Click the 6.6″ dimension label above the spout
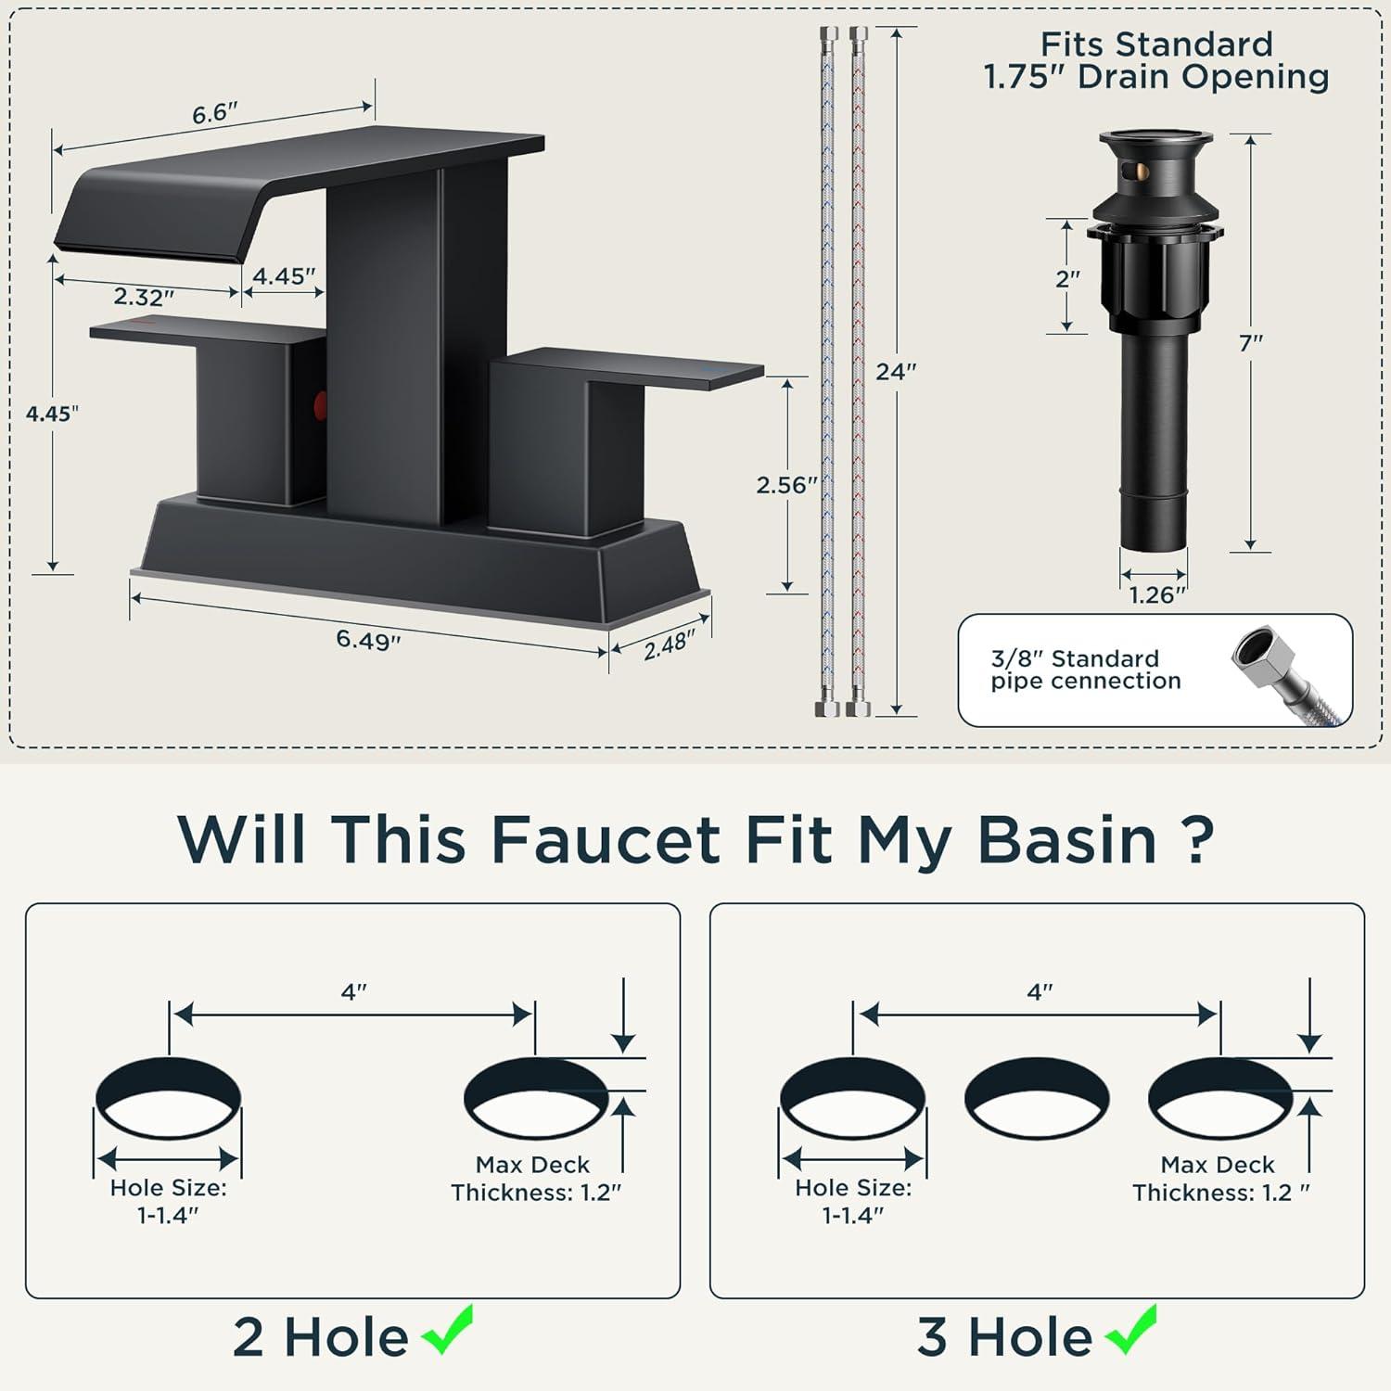pyautogui.click(x=215, y=113)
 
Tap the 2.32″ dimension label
pyautogui.click(x=145, y=297)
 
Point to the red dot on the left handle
pyautogui.click(x=321, y=404)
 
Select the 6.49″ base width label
pyautogui.click(x=368, y=640)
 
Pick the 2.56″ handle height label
pyautogui.click(x=787, y=485)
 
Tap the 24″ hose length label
pyautogui.click(x=896, y=372)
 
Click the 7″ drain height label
pyautogui.click(x=1251, y=343)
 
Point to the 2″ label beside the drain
pyautogui.click(x=1068, y=278)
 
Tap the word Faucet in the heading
pyautogui.click(x=606, y=838)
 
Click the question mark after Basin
pyautogui.click(x=1199, y=838)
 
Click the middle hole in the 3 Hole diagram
pyautogui.click(x=1037, y=1101)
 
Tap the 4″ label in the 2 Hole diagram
pyautogui.click(x=353, y=992)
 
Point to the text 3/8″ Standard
pyautogui.click(x=1075, y=658)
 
